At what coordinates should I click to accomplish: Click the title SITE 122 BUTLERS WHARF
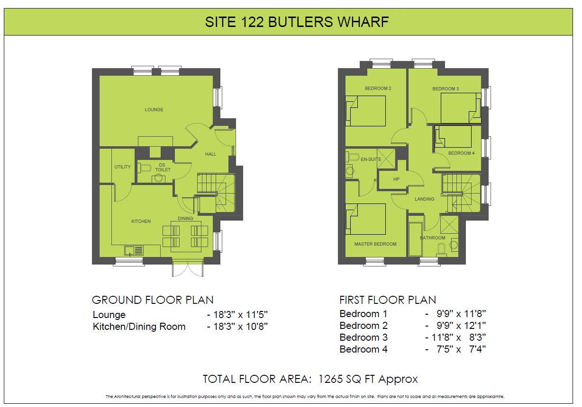(x=297, y=22)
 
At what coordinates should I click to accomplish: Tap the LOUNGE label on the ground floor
(x=154, y=110)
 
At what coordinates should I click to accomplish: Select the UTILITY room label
(x=122, y=167)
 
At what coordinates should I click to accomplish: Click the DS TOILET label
(x=163, y=168)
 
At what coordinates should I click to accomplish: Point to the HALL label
(x=210, y=154)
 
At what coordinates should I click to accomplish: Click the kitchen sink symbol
(x=134, y=250)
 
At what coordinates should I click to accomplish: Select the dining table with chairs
(x=185, y=235)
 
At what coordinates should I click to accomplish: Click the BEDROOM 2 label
(x=378, y=88)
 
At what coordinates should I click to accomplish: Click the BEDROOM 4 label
(x=461, y=153)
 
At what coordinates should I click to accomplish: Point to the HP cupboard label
(x=396, y=179)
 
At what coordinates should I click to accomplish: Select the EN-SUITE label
(x=371, y=159)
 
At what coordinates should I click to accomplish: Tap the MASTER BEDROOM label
(x=375, y=244)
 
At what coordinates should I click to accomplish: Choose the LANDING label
(x=424, y=199)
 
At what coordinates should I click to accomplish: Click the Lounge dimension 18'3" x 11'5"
(x=237, y=315)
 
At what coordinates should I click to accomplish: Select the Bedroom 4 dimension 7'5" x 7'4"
(x=455, y=350)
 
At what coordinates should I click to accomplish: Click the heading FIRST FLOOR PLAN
(x=388, y=300)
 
